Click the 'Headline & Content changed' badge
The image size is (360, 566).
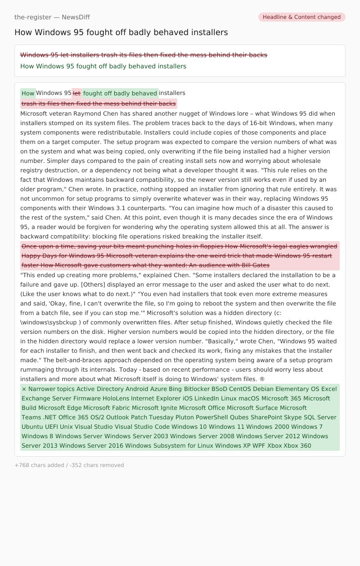tap(301, 17)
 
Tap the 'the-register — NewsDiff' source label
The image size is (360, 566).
tap(52, 17)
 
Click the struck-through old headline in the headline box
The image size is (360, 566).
tap(144, 55)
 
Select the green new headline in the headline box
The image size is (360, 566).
tap(103, 66)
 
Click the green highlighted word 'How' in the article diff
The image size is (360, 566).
tap(28, 93)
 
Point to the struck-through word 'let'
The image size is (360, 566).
tap(76, 93)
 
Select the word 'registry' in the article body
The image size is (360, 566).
tap(33, 170)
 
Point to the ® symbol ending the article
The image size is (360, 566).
tap(262, 379)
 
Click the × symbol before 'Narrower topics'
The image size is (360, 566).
tap(24, 389)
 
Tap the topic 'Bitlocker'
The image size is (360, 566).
tap(197, 389)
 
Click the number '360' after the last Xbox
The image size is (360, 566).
tap(306, 445)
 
